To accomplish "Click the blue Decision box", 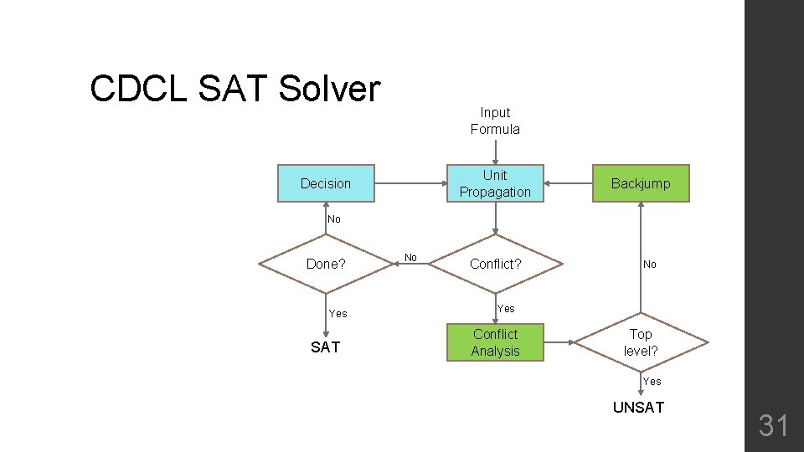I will coord(326,183).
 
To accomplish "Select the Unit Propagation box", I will coord(495,183).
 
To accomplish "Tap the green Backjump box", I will coord(641,183).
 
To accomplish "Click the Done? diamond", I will coord(326,264).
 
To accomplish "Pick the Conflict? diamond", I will coord(495,264).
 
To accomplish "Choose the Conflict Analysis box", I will coord(495,342).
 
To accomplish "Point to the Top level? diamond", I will coord(641,342).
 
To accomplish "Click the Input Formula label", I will coord(495,121).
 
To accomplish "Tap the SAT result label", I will coord(325,347).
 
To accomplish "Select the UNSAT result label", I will coord(638,408).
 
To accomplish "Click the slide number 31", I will coord(773,426).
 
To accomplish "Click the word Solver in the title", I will coord(329,89).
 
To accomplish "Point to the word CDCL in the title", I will coord(139,89).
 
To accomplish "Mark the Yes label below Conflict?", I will coord(506,309).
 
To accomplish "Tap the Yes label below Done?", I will coord(338,314).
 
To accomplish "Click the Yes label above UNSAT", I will coord(652,382).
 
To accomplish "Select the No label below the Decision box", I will coord(334,219).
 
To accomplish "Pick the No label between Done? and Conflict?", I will coord(410,258).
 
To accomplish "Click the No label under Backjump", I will coord(650,265).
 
